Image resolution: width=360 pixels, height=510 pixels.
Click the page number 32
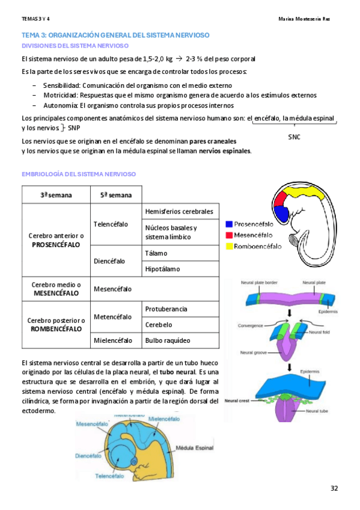[x=334, y=487]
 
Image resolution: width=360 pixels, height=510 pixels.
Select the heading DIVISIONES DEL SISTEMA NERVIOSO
[x=75, y=46]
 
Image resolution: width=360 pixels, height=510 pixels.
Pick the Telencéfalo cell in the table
[x=111, y=224]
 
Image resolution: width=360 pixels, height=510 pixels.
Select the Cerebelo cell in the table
[x=159, y=325]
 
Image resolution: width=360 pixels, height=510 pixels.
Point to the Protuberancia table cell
[x=166, y=309]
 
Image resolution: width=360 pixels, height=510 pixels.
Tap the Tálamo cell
[x=155, y=253]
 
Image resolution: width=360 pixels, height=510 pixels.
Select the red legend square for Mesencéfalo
[x=230, y=234]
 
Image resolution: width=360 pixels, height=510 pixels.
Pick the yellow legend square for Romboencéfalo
[x=230, y=245]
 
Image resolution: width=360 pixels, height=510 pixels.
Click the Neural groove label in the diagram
[x=254, y=352]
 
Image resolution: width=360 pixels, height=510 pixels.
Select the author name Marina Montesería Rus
[x=305, y=19]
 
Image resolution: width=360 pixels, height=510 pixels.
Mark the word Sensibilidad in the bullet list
[x=61, y=85]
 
